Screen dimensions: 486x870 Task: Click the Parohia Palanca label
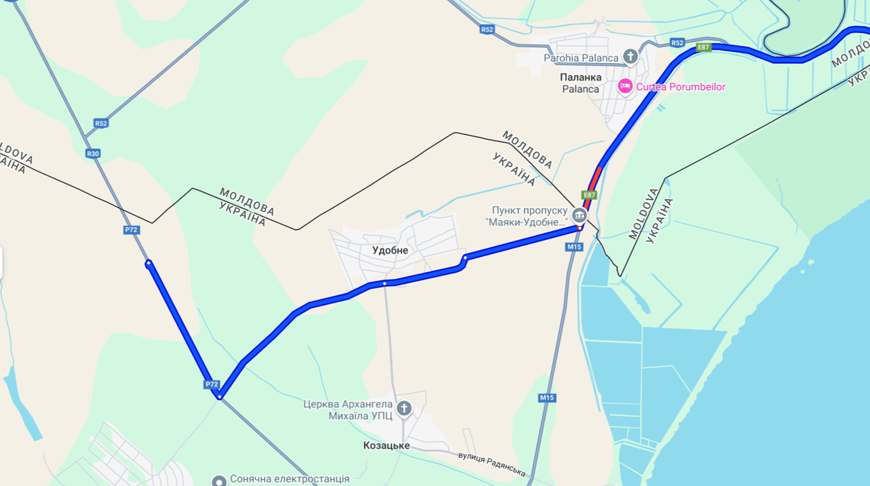tap(581, 58)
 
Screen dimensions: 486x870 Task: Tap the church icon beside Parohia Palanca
tap(631, 57)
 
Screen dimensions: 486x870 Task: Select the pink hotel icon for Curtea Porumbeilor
tap(625, 86)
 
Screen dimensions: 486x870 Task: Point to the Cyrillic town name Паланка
tap(581, 77)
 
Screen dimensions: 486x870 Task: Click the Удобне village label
tap(390, 250)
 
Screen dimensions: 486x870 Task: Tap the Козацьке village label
tap(387, 445)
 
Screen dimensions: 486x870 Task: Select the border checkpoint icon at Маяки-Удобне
tap(579, 214)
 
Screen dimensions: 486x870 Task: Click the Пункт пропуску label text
tap(530, 210)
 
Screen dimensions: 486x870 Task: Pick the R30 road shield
tap(94, 154)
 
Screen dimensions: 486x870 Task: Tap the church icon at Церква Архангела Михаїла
tap(404, 408)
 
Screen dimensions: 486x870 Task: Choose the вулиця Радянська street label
tap(492, 464)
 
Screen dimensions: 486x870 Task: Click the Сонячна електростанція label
tap(290, 478)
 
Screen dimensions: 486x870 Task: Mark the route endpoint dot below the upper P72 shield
tap(148, 263)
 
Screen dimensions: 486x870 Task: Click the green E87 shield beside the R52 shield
tap(704, 47)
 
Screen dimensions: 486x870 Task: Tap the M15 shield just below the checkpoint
tap(574, 247)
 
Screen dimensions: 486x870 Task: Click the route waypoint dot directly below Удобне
tap(385, 283)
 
